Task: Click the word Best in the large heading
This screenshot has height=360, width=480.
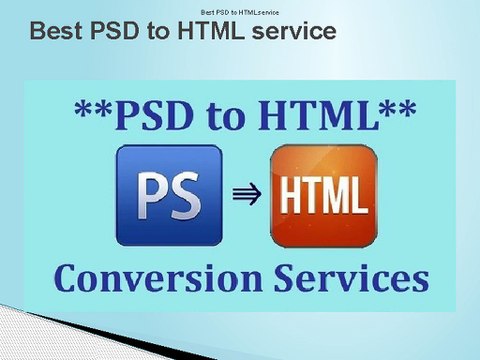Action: tap(56, 31)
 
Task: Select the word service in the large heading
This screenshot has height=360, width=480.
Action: tap(294, 31)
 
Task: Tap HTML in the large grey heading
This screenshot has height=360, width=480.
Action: tap(211, 31)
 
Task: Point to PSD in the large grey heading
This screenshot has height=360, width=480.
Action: tap(115, 31)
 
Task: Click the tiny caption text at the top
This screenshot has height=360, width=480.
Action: tap(240, 13)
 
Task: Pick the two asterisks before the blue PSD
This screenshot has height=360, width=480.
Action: tap(93, 109)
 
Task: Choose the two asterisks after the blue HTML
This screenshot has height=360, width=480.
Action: tap(398, 109)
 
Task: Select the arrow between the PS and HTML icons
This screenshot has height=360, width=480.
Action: tap(247, 194)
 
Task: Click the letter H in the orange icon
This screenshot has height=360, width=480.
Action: tap(289, 195)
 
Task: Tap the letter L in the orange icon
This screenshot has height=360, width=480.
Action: tap(360, 195)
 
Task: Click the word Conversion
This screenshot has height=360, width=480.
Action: tap(158, 278)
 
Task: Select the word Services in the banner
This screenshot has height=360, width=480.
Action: tap(352, 278)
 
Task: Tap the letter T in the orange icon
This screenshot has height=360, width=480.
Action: tap(309, 195)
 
